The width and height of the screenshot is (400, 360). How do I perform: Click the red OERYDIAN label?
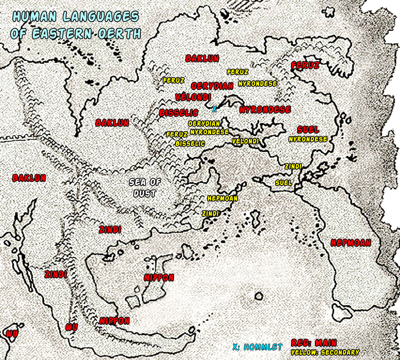pyautogui.click(x=212, y=86)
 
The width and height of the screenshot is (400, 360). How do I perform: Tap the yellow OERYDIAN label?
pyautogui.click(x=204, y=124)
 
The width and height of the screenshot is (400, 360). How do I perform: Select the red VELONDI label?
pyautogui.click(x=193, y=97)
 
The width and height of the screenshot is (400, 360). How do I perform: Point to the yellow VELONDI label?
pyautogui.click(x=245, y=142)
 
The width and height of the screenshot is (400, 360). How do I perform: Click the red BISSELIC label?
pyautogui.click(x=179, y=113)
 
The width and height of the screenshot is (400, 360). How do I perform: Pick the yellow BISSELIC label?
pyautogui.click(x=190, y=143)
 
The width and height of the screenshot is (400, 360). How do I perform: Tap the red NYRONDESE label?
pyautogui.click(x=265, y=110)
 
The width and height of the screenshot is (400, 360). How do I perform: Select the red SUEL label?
pyautogui.click(x=308, y=130)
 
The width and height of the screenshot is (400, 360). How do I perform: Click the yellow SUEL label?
pyautogui.click(x=284, y=183)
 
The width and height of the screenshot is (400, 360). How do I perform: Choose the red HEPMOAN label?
pyautogui.click(x=351, y=243)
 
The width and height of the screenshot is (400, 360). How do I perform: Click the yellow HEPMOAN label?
pyautogui.click(x=222, y=198)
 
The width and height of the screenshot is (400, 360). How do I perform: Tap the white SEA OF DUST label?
pyautogui.click(x=144, y=188)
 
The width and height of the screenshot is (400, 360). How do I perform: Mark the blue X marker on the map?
pyautogui.click(x=214, y=108)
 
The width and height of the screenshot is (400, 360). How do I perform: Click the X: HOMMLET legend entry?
pyautogui.click(x=257, y=347)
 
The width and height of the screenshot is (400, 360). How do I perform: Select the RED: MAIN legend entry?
pyautogui.click(x=314, y=343)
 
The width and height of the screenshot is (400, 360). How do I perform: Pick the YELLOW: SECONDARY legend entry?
pyautogui.click(x=325, y=352)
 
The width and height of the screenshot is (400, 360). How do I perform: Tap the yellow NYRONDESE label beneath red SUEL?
pyautogui.click(x=308, y=139)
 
